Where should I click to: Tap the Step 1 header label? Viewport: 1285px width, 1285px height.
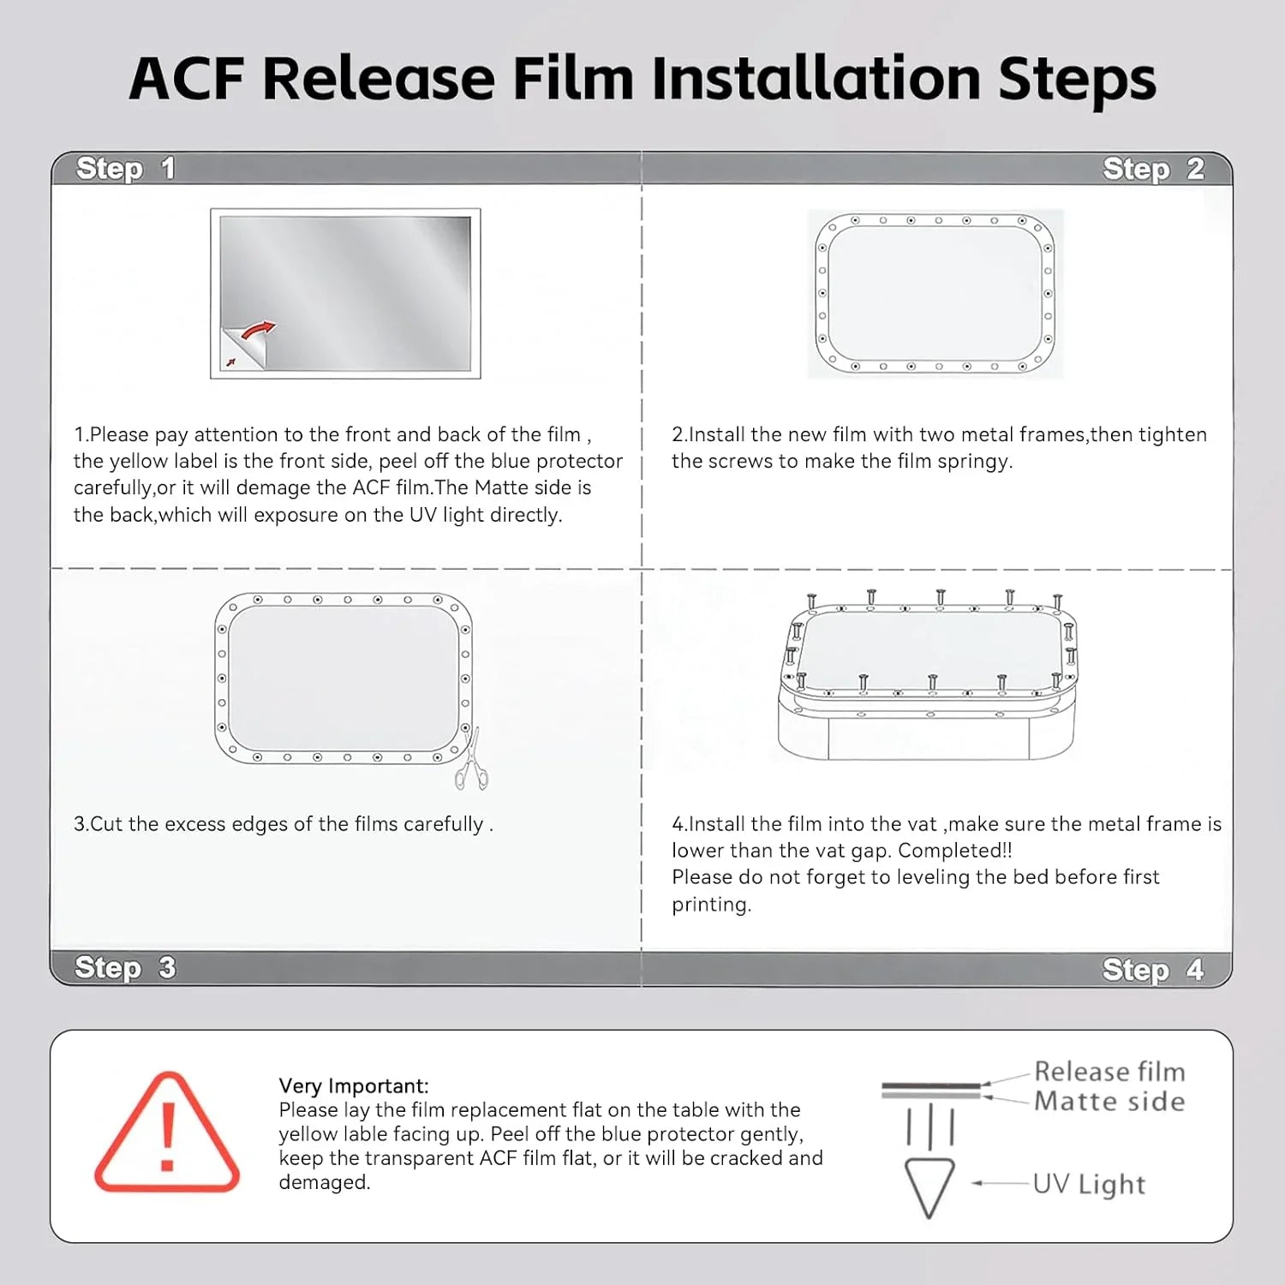coord(125,169)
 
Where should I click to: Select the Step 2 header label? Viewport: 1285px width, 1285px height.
coord(1153,170)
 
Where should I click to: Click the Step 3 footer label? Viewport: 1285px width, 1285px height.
coord(125,968)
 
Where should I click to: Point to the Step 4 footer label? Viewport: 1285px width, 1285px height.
coord(1153,970)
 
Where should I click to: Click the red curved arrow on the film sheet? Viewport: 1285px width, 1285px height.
coord(259,330)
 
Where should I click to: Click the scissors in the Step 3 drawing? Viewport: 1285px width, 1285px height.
coord(471,760)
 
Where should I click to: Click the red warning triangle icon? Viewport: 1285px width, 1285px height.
coord(167,1133)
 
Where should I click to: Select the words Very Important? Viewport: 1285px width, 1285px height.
coord(354,1086)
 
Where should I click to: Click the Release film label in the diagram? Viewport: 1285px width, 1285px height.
coord(1109,1072)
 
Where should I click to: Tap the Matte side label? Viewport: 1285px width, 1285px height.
coord(1109,1102)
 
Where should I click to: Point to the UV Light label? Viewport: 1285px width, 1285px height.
coord(1089,1184)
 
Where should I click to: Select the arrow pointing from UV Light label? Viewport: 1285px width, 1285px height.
coord(1000,1183)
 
